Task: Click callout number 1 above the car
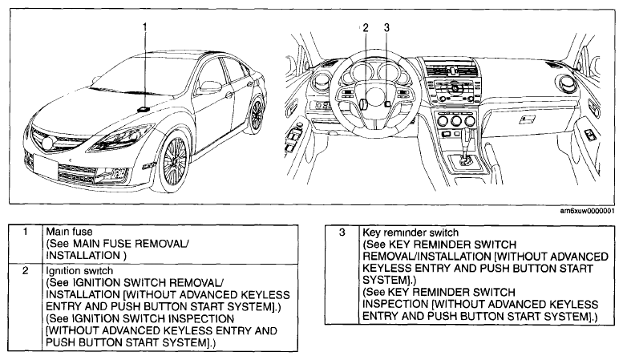point(144,27)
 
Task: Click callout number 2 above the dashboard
point(366,27)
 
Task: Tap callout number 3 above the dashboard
point(386,27)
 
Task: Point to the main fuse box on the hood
point(143,108)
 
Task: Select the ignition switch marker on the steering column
point(362,103)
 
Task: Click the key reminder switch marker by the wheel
point(387,103)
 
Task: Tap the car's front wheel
point(174,161)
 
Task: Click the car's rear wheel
point(257,115)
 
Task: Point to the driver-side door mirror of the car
point(211,87)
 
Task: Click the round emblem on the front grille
point(47,144)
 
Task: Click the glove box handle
point(527,119)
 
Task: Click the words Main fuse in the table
point(69,231)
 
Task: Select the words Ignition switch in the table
point(79,270)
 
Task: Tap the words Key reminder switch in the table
point(411,233)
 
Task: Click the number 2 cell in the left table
point(25,307)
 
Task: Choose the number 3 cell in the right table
point(342,275)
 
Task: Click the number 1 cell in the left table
point(25,244)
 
